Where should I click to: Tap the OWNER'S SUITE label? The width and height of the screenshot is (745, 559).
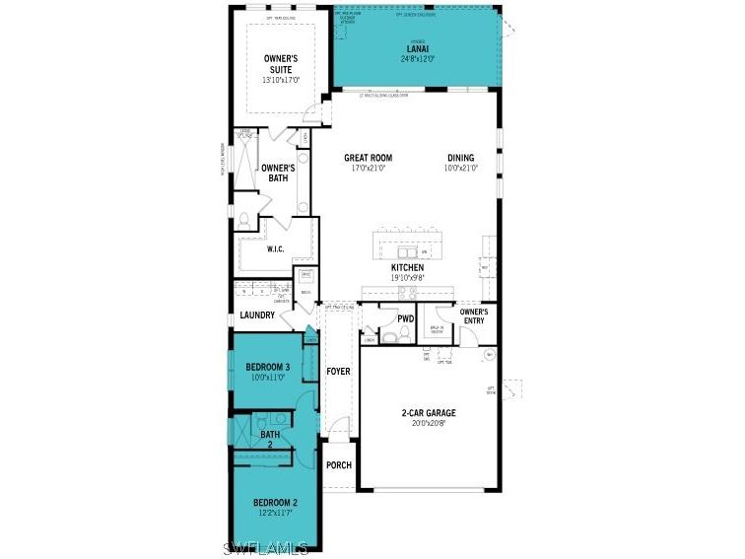(280, 64)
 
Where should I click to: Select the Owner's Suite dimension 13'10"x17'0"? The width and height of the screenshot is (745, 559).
(280, 80)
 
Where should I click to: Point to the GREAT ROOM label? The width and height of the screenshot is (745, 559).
(368, 158)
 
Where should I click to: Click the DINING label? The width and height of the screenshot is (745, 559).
(460, 158)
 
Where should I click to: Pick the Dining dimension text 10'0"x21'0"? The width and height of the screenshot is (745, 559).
(460, 169)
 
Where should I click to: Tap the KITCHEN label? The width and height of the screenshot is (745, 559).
(407, 267)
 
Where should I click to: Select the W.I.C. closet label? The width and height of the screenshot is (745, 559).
(275, 249)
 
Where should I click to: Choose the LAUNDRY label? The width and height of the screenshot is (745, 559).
(257, 315)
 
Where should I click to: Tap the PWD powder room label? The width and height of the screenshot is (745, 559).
(405, 318)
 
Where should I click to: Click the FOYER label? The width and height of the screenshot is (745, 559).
(338, 372)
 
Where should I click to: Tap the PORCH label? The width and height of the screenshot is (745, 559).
(339, 465)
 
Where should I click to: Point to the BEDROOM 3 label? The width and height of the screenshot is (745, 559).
(265, 367)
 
